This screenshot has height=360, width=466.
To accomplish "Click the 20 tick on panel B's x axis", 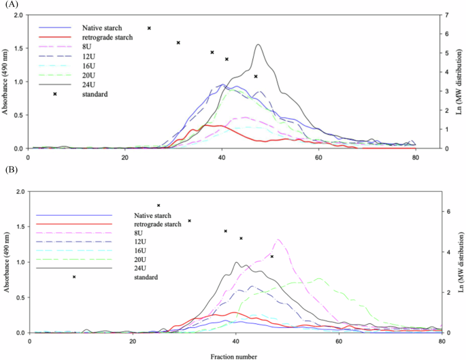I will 133,342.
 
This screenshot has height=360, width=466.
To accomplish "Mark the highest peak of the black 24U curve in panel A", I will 259,45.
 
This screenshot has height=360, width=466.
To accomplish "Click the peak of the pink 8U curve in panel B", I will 278,240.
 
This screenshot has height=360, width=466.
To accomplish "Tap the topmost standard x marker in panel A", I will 149,28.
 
